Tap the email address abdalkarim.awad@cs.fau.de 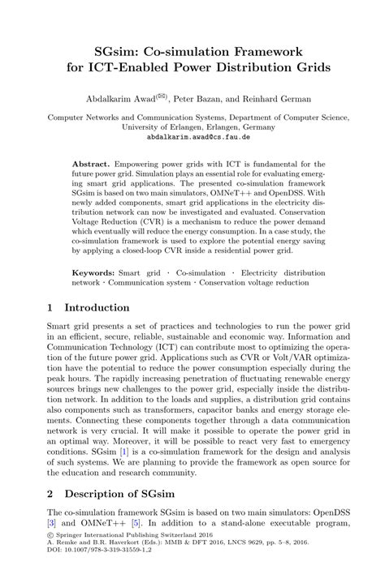click(x=192, y=137)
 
